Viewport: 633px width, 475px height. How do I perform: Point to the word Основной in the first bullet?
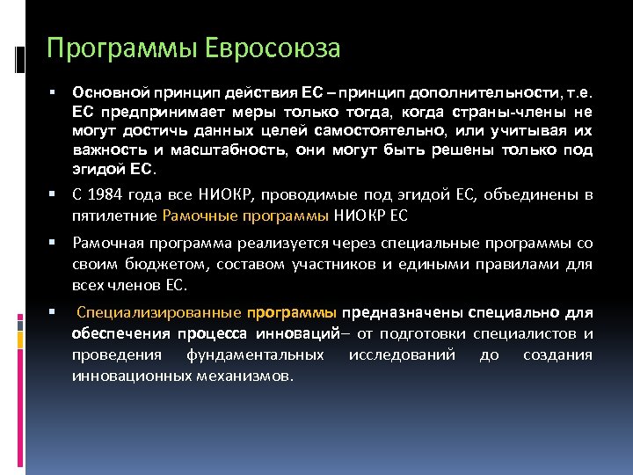[x=109, y=91]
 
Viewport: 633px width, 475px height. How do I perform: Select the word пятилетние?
[x=115, y=214]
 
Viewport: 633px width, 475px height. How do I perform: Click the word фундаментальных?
[x=255, y=354]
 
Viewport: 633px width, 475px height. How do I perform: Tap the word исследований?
[x=402, y=354]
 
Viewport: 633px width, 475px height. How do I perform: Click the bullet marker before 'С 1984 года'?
[x=54, y=194]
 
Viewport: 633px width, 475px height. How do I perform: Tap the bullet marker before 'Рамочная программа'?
[x=54, y=241]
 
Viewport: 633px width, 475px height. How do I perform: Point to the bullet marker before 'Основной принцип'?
[x=54, y=91]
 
